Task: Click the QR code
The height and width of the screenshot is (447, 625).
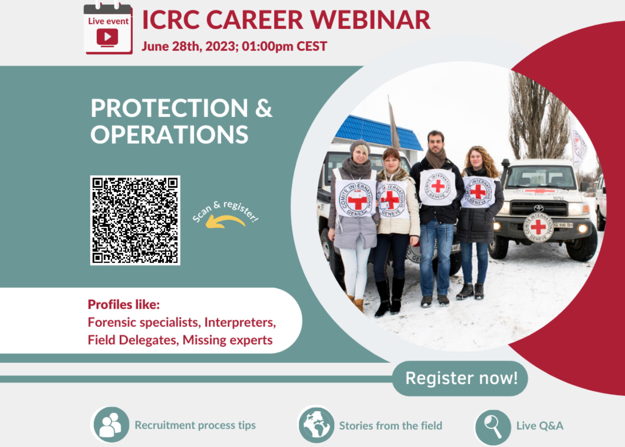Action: tap(135, 220)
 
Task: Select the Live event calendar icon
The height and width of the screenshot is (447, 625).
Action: tap(108, 29)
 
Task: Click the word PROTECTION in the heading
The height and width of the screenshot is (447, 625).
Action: tap(169, 108)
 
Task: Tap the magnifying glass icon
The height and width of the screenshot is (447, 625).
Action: tap(493, 427)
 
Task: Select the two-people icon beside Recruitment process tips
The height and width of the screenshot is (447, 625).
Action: tap(110, 425)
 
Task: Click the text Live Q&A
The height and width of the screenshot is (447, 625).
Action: tap(540, 426)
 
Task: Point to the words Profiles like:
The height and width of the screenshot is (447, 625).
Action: tap(124, 304)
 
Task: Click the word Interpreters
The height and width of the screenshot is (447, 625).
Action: tap(240, 322)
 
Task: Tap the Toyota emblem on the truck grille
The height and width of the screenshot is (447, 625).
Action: tap(538, 208)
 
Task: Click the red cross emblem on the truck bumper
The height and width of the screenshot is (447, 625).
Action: tap(538, 227)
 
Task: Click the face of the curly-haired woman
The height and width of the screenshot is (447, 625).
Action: tap(476, 159)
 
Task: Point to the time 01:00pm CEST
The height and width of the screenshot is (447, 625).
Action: tap(284, 46)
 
